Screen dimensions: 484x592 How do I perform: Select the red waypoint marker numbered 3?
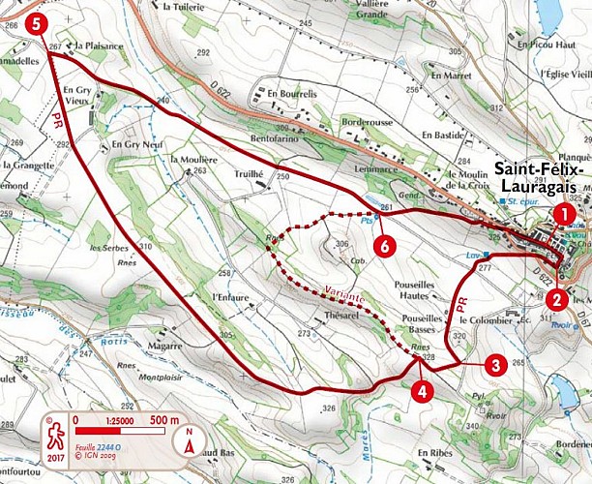click(494, 365)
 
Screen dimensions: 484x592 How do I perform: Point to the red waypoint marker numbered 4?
click(420, 391)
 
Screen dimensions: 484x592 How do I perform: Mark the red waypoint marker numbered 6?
click(385, 247)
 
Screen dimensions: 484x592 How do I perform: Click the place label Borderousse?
click(368, 123)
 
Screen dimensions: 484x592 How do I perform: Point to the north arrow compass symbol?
click(191, 442)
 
